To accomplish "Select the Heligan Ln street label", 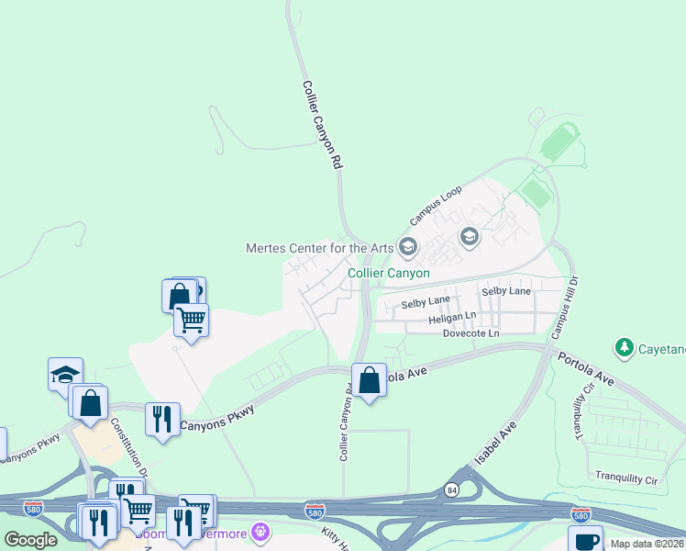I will click(452, 317).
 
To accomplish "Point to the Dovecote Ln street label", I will click(470, 333).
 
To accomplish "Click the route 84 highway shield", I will click(452, 489).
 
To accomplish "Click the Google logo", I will click(30, 539).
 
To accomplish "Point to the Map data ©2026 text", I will click(647, 544).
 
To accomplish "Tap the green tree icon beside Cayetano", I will click(625, 348).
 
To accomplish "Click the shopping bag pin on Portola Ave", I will click(369, 380).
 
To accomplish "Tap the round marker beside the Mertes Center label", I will click(408, 246).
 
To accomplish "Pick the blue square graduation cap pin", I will click(66, 374).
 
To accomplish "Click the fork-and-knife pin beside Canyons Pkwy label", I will click(162, 419).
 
